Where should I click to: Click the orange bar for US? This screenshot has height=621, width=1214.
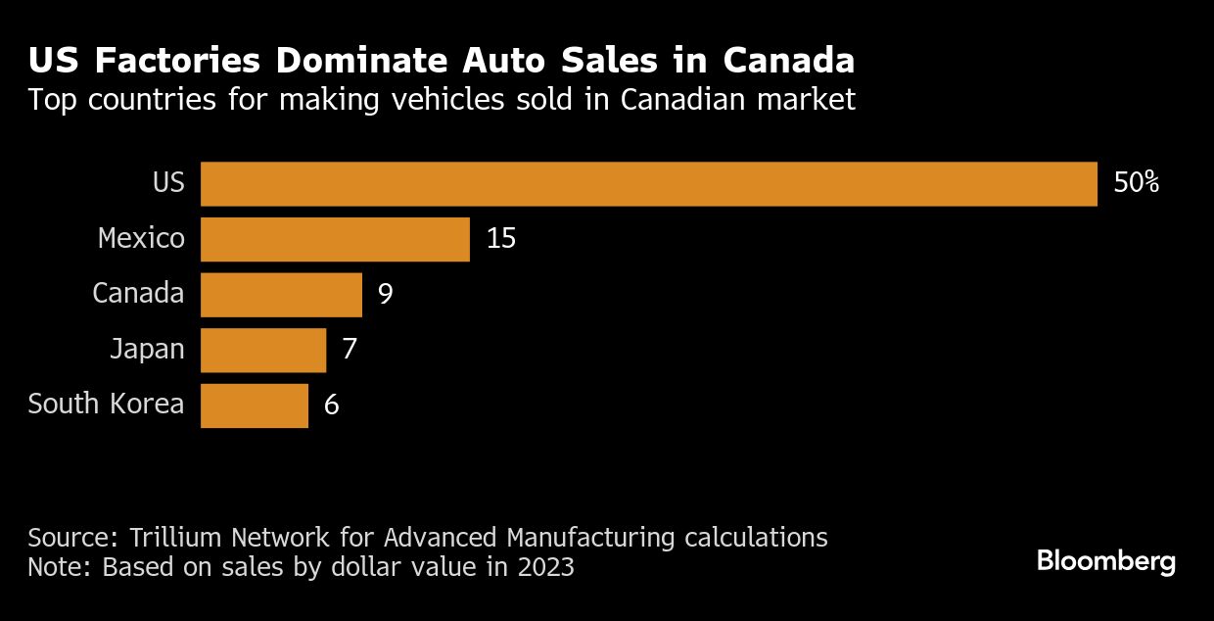pyautogui.click(x=648, y=183)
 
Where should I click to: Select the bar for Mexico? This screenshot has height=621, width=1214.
pyautogui.click(x=335, y=239)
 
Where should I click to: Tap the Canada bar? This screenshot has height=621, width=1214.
pyautogui.click(x=281, y=294)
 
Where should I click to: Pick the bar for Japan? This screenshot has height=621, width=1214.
pyautogui.click(x=262, y=350)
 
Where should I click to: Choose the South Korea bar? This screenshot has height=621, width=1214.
pyautogui.click(x=254, y=406)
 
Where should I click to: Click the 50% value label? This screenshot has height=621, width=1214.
pyautogui.click(x=1136, y=183)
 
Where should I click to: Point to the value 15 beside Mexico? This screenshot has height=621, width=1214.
pyautogui.click(x=500, y=239)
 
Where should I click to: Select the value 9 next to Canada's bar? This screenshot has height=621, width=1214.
pyautogui.click(x=385, y=294)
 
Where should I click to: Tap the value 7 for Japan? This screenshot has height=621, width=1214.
pyautogui.click(x=349, y=350)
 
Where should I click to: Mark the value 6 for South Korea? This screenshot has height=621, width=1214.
pyautogui.click(x=331, y=406)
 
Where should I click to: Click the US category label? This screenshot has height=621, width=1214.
pyautogui.click(x=168, y=182)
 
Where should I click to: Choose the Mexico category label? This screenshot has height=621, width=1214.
pyautogui.click(x=141, y=238)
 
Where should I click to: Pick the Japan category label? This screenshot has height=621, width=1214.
pyautogui.click(x=147, y=349)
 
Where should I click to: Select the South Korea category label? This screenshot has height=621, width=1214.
pyautogui.click(x=106, y=404)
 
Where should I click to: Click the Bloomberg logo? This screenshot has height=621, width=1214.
pyautogui.click(x=1106, y=562)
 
